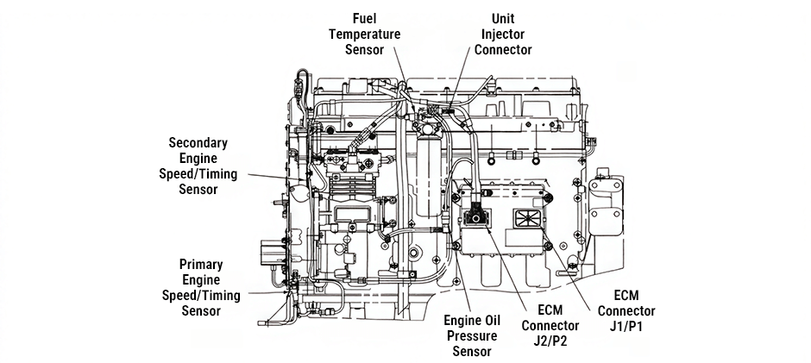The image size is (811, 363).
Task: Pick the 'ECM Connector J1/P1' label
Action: pos(626,311)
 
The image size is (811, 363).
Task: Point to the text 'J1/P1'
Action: pos(626,327)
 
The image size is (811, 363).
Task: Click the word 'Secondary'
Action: pos(198,142)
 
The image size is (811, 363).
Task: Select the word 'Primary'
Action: pos(201,264)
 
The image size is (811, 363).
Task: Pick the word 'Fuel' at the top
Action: pos(362,18)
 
